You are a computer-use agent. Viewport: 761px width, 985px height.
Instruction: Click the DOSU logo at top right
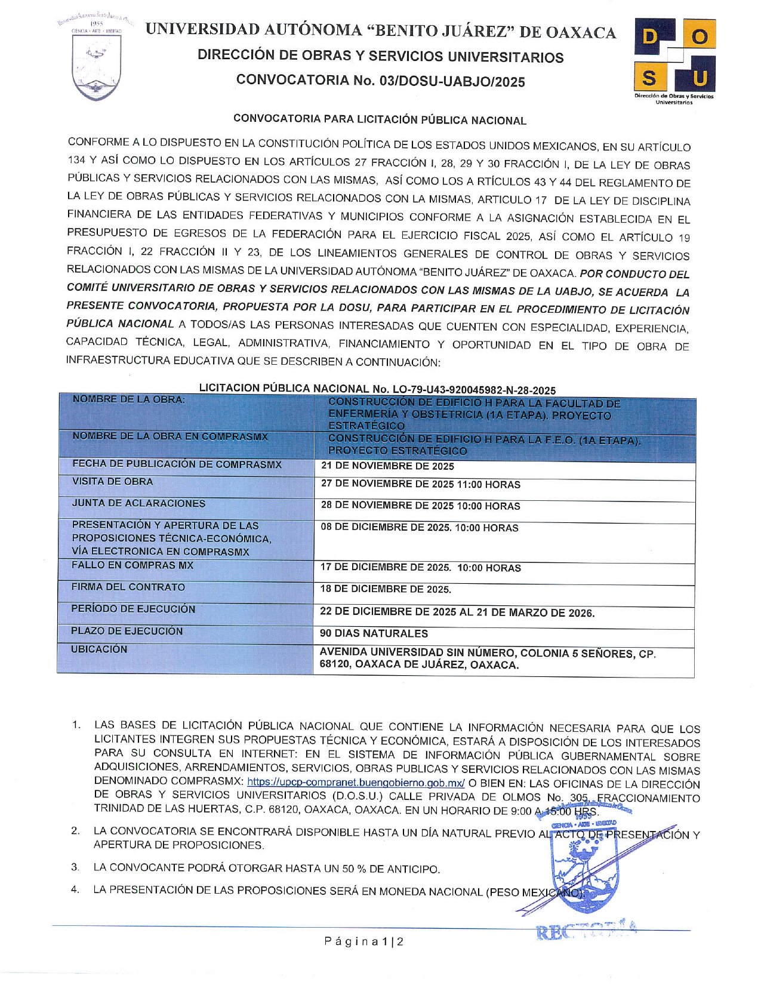pos(674,59)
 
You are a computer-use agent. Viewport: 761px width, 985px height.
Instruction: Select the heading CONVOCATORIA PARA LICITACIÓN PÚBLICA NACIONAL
pos(380,119)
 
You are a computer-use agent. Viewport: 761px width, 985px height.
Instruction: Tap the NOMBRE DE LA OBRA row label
pos(128,399)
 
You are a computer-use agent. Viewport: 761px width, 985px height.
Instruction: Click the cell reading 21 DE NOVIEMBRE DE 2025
pos(387,466)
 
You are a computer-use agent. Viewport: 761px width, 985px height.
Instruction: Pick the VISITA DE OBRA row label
pos(112,482)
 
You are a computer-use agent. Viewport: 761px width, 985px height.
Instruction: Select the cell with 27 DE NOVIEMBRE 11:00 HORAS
pos(420,485)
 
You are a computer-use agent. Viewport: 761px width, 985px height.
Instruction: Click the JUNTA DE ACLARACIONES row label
pos(138,504)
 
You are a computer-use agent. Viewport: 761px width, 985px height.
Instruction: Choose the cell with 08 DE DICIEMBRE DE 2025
pos(419,528)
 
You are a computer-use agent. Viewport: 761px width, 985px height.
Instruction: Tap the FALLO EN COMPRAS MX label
pos(132,565)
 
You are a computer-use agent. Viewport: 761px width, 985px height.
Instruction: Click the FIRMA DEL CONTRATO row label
pos(128,587)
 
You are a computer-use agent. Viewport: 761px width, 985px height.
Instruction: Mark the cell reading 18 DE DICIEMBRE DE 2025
pos(386,589)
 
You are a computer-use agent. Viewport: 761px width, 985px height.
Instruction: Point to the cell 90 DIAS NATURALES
pos(374,633)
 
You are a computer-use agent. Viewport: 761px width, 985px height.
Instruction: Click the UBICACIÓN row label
pos(99,650)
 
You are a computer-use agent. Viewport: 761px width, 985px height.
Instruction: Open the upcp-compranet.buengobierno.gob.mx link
pos(356,783)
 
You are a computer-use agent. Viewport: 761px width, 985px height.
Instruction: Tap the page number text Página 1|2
pos(364,942)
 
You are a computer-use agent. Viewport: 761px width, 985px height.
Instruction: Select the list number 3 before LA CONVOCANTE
pos(75,867)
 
